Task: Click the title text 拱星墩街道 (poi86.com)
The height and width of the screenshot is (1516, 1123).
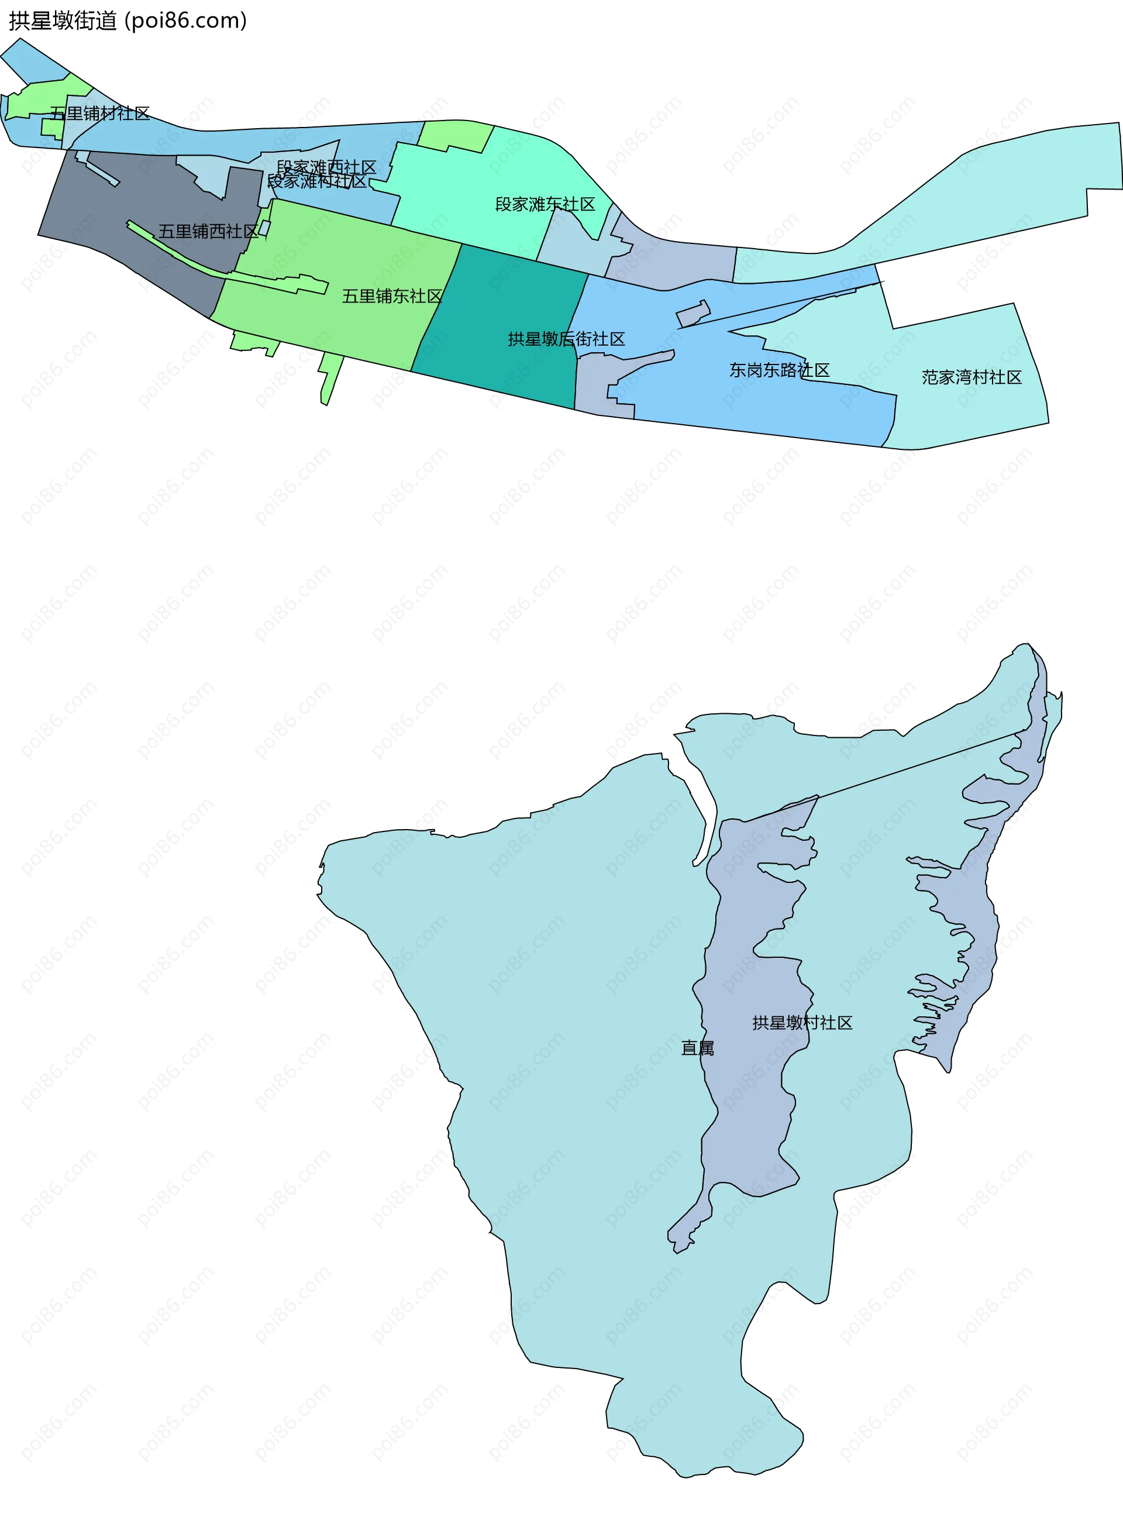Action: click(x=128, y=20)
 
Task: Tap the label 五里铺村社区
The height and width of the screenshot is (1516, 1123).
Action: click(x=100, y=114)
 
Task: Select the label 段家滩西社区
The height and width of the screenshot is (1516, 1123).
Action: click(x=326, y=167)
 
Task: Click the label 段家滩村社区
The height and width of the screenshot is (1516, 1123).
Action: click(x=317, y=181)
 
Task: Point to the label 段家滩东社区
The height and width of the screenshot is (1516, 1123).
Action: click(x=545, y=204)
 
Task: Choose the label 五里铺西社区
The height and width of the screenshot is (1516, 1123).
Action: click(x=209, y=231)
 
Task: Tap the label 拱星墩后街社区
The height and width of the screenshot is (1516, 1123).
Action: click(x=566, y=339)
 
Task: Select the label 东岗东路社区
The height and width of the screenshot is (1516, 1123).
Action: click(x=780, y=370)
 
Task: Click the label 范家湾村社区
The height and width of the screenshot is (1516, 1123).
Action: click(x=972, y=377)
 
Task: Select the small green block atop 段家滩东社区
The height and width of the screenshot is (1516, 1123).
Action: click(x=454, y=135)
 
